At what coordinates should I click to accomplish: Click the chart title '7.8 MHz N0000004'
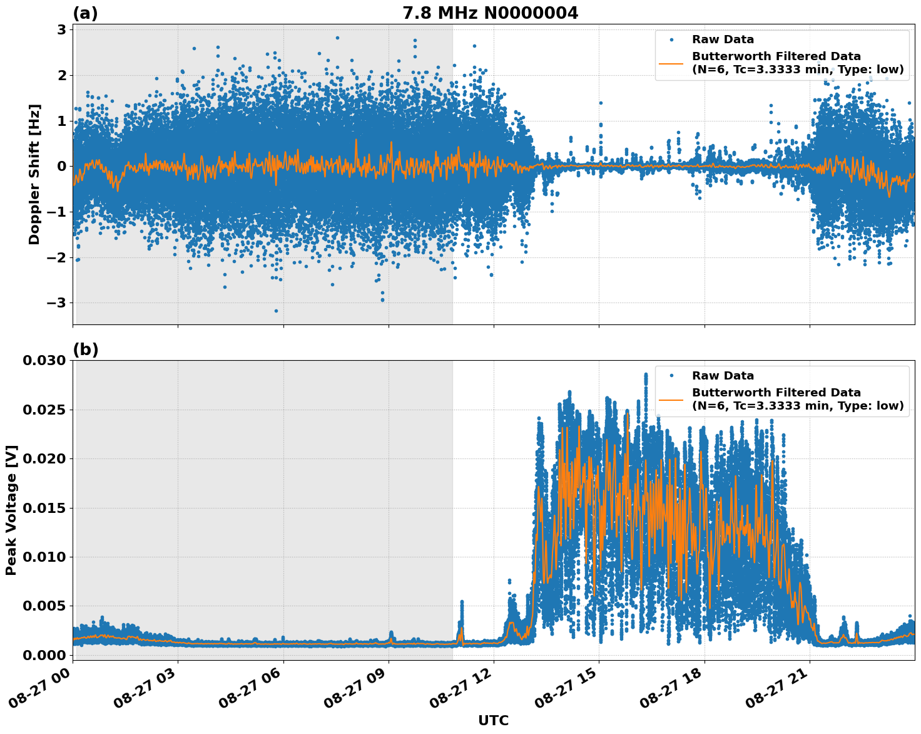click(490, 13)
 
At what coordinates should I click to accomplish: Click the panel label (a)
click(85, 13)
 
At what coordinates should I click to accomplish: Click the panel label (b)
click(85, 349)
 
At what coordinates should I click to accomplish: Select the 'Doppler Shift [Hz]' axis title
click(34, 174)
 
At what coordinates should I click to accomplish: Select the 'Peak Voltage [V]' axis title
click(11, 510)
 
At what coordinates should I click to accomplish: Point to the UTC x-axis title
click(493, 720)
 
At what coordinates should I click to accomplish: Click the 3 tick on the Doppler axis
click(63, 30)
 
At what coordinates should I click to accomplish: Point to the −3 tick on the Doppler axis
click(58, 303)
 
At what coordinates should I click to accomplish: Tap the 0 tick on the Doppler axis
click(63, 167)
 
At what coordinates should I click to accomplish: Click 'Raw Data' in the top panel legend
click(723, 40)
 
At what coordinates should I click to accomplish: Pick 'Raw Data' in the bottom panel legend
click(723, 376)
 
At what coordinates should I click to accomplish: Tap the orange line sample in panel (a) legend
click(671, 63)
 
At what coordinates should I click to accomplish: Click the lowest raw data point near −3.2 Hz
click(276, 311)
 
